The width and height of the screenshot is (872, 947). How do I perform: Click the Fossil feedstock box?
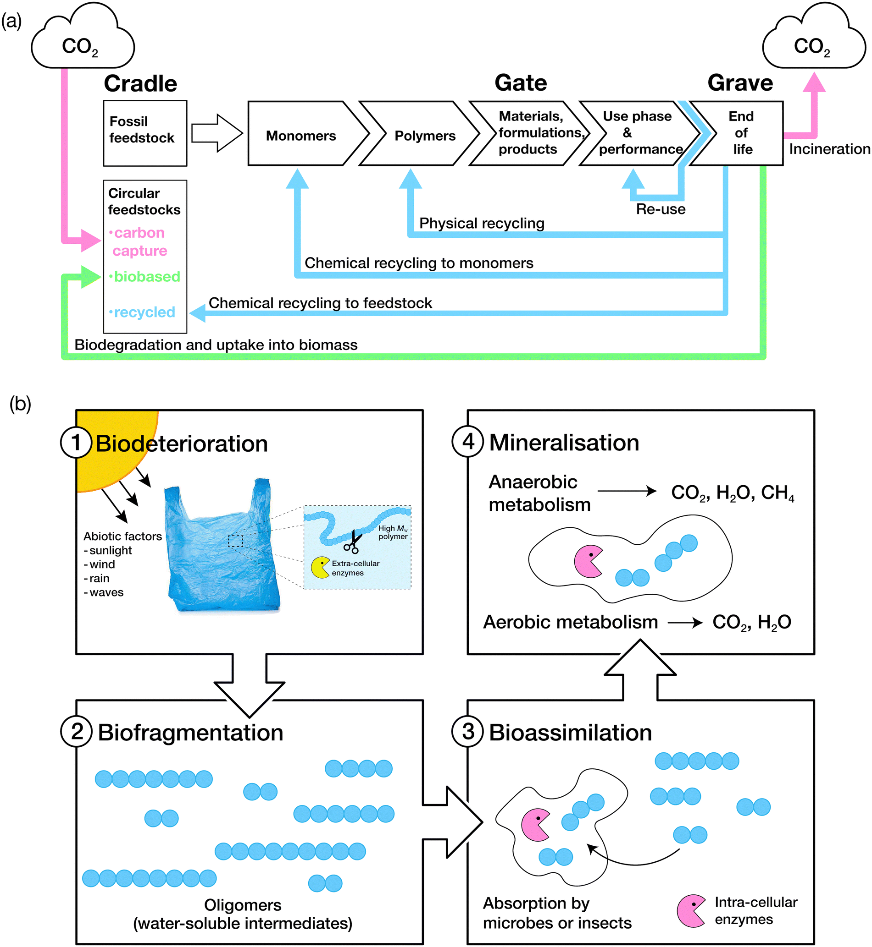pos(145,133)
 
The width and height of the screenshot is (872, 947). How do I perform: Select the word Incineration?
pos(829,149)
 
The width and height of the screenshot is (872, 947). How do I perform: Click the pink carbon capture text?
pos(139,241)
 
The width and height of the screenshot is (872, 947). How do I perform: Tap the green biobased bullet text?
pos(146,276)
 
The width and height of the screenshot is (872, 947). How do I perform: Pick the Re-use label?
pos(660,209)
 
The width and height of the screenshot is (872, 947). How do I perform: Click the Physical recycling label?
pos(481,223)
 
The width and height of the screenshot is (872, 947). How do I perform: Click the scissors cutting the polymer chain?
pos(352,542)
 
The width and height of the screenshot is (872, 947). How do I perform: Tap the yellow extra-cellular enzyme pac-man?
pos(320,568)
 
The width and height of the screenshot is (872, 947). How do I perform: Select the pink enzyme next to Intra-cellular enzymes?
pos(690,910)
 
